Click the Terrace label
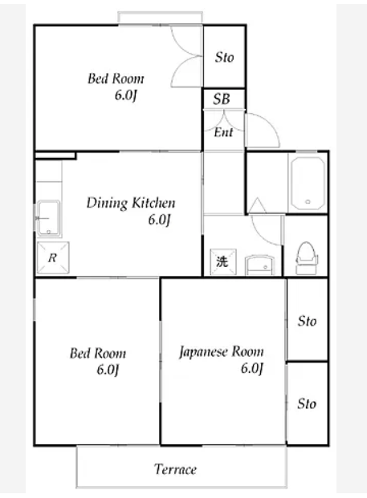175,469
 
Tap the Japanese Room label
222,352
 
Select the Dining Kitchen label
131,203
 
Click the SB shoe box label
222,99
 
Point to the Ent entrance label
223,132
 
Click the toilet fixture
307,258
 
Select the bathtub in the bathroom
308,184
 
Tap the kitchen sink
48,218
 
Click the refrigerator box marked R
53,257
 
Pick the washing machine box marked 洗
223,261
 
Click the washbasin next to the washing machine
259,265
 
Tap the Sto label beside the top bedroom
224,58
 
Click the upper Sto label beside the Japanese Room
307,321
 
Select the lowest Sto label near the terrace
307,403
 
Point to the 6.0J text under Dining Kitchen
159,220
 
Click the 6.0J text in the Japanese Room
252,368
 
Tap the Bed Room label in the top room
116,79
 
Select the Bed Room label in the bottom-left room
98,353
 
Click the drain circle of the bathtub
308,201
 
